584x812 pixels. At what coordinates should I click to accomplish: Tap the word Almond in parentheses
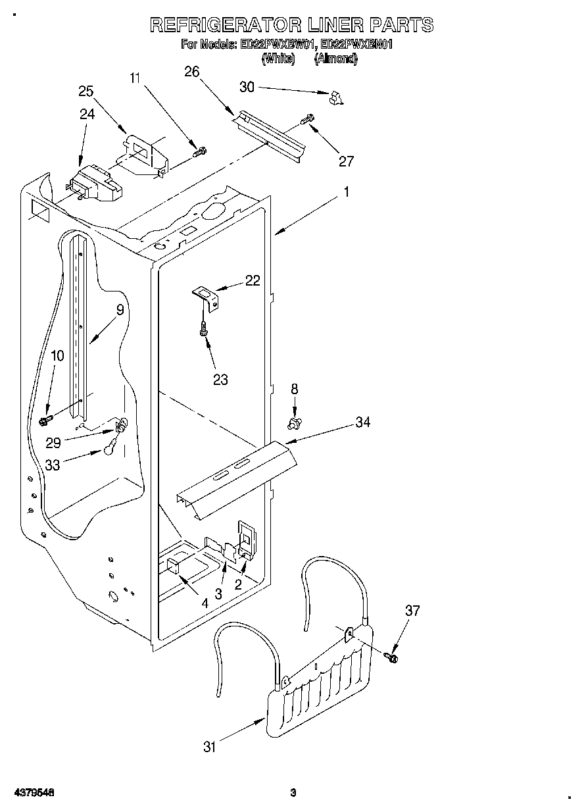coord(335,59)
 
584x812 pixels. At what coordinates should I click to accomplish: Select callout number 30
coord(247,87)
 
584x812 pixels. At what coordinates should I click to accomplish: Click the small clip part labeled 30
coord(336,98)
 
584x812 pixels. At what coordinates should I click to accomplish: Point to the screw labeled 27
coord(307,120)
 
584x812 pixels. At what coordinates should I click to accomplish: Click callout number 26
coord(191,72)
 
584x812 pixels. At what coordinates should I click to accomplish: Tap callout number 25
coord(85,91)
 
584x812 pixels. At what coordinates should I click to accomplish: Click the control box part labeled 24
coord(95,184)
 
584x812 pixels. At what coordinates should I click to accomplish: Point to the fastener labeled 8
coord(295,420)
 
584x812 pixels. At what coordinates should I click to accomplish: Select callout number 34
coord(362,422)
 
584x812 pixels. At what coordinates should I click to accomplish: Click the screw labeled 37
coord(393,656)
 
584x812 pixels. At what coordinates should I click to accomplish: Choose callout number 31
coord(209,746)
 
